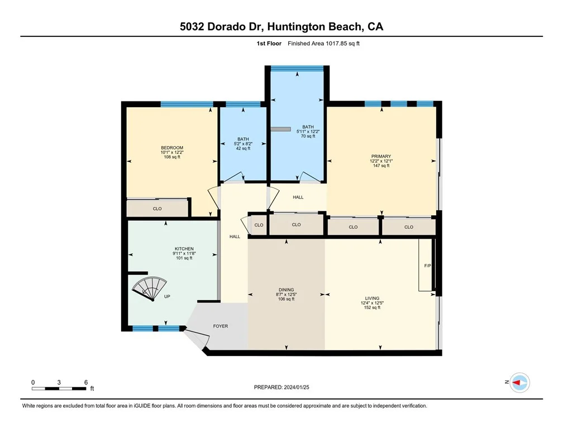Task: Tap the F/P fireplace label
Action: pos(427,266)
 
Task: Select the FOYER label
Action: pos(221,326)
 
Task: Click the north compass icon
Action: pos(519,382)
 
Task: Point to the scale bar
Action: pos(59,388)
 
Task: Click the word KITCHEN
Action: pos(184,249)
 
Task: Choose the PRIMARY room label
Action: pos(381,156)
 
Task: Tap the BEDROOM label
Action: pos(172,148)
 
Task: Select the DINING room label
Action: pos(286,290)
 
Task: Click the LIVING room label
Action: pos(372,298)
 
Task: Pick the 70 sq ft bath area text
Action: pos(308,136)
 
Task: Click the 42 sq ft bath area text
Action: pos(243,148)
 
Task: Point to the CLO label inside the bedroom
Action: pos(158,209)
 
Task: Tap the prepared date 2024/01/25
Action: pos(297,387)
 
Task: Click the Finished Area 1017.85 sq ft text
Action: pos(323,44)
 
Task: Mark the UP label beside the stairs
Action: pos(167,297)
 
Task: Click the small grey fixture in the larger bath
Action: pos(280,129)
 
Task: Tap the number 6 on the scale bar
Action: pos(86,382)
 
